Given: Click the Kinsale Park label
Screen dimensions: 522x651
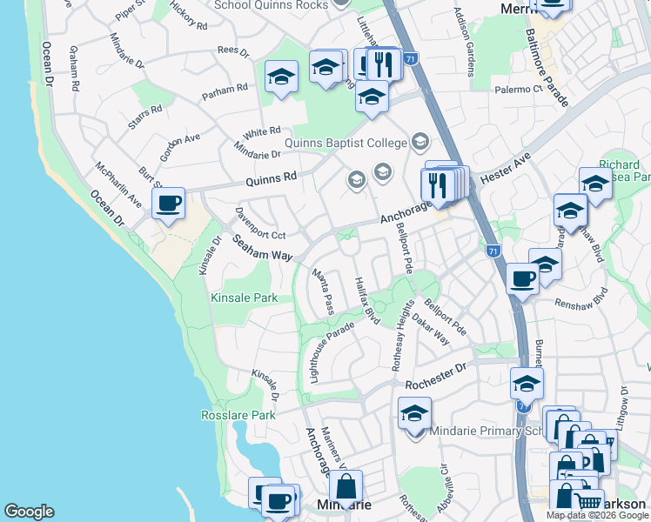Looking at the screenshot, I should point(244,298).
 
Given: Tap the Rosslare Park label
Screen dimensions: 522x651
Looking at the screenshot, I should point(238,415).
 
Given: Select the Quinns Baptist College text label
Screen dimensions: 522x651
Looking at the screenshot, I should point(346,142).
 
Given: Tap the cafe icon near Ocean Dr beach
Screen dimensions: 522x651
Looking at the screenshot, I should point(168,204).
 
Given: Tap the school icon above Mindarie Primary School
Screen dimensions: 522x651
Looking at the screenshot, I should point(414,412).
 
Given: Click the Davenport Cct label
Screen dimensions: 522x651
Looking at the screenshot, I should point(260,224).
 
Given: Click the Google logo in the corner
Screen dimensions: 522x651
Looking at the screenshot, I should point(29,512).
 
